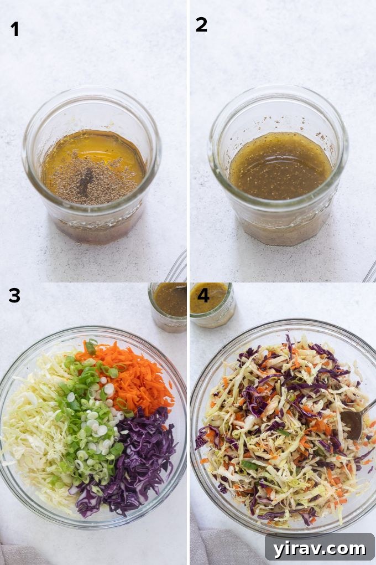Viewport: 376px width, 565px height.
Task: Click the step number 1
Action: click(15, 29)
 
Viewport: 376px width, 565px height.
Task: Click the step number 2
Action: click(201, 25)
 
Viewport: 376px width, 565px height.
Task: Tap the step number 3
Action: click(15, 296)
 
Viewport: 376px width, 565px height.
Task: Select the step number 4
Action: click(203, 295)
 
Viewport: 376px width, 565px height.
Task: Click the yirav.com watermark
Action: click(320, 548)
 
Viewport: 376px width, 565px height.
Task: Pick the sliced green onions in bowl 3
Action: click(91, 421)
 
